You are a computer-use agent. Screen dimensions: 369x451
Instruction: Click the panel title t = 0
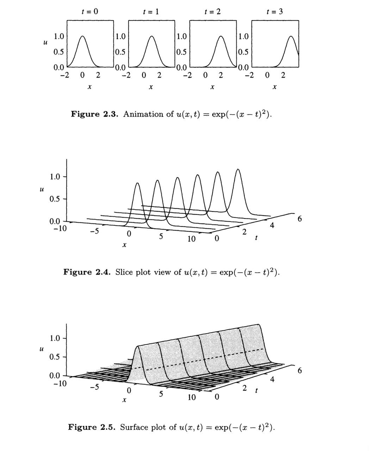(90, 11)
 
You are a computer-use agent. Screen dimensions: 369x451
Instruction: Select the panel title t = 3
(275, 11)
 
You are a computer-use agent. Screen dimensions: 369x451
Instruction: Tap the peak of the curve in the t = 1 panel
(151, 36)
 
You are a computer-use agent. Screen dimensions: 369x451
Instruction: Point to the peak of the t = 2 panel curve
(221, 36)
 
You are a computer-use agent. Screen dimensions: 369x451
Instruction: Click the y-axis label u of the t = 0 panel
(45, 42)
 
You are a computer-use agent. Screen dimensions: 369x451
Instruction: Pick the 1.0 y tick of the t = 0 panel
(59, 37)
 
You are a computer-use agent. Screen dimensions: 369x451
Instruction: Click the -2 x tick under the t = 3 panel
(249, 75)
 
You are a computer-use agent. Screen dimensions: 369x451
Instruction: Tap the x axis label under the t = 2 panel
(212, 87)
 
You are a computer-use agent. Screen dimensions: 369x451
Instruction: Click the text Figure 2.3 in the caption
(94, 114)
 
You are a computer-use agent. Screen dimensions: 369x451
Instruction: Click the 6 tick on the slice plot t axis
(300, 219)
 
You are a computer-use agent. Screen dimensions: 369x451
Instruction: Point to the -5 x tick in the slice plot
(94, 231)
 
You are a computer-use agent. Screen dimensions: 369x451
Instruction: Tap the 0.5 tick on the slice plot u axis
(55, 199)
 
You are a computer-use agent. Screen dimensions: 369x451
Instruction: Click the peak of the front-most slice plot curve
(137, 183)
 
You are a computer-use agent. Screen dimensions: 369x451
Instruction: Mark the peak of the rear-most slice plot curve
(238, 169)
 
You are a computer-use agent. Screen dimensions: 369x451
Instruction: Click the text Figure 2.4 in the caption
(87, 272)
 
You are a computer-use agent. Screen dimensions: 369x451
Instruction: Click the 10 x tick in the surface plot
(192, 397)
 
